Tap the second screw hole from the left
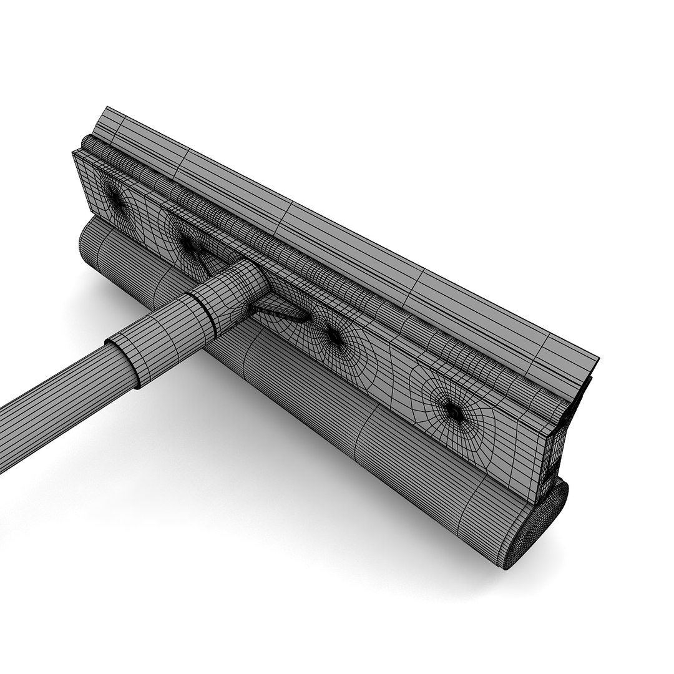coord(188,243)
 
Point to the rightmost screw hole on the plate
coord(453,410)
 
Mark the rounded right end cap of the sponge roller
coord(540,521)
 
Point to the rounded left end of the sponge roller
coord(87,243)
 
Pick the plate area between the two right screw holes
coord(393,374)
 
